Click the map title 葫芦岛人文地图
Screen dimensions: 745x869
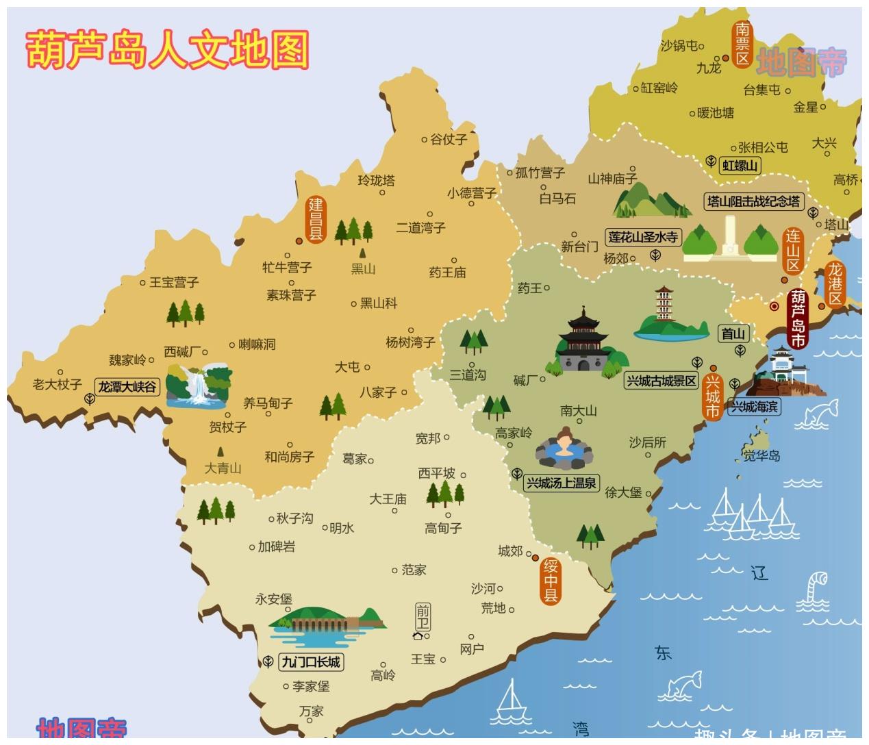pyautogui.click(x=167, y=49)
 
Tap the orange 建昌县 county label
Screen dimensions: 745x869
pyautogui.click(x=315, y=219)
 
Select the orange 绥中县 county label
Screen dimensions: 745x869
pyautogui.click(x=551, y=581)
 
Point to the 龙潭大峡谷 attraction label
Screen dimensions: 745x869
pyautogui.click(x=127, y=387)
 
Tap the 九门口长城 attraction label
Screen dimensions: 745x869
pyautogui.click(x=311, y=662)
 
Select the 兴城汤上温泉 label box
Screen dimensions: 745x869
pyautogui.click(x=561, y=483)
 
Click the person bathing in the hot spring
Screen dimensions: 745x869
pyautogui.click(x=564, y=442)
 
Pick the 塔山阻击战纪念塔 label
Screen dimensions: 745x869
pyautogui.click(x=753, y=201)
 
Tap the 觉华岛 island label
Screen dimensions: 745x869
pyautogui.click(x=761, y=455)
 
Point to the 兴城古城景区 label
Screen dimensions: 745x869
pyautogui.click(x=662, y=381)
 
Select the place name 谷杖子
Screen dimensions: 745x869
pyautogui.click(x=449, y=139)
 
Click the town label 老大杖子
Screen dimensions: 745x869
pyautogui.click(x=57, y=384)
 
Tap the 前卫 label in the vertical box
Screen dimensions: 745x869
pyautogui.click(x=423, y=617)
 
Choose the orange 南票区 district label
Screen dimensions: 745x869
pyautogui.click(x=742, y=44)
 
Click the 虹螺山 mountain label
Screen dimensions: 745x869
pyautogui.click(x=741, y=165)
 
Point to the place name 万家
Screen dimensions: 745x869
pyautogui.click(x=311, y=711)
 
